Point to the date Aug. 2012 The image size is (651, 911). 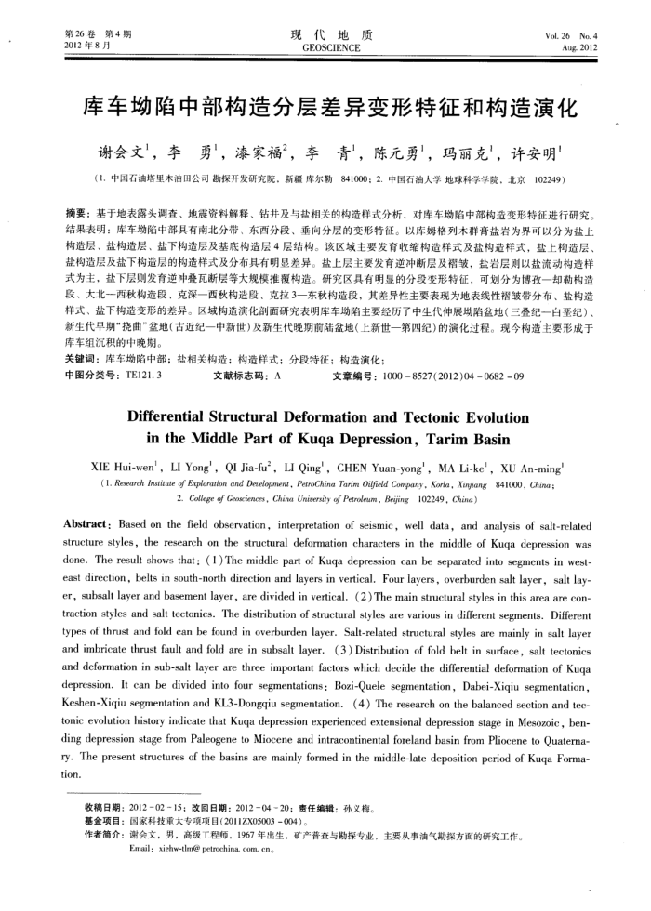point(580,46)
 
